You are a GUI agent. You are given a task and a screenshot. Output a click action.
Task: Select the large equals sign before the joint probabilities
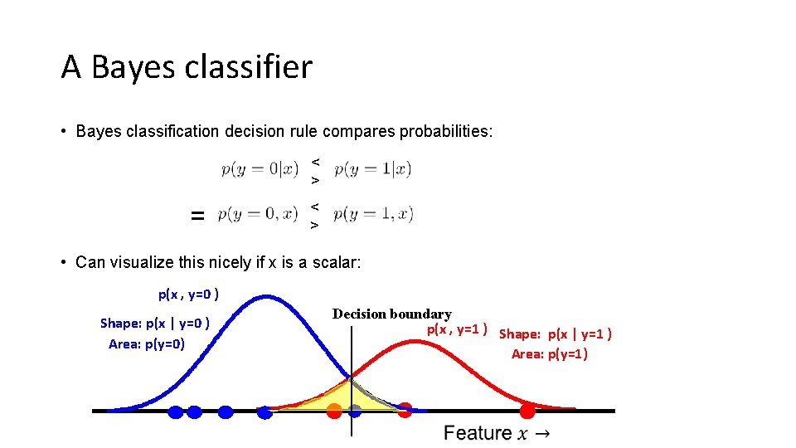click(x=197, y=215)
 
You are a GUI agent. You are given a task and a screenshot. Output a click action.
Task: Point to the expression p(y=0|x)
click(x=260, y=169)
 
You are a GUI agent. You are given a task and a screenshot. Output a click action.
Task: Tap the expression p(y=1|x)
click(x=372, y=169)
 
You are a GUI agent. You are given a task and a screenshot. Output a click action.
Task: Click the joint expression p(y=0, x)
click(x=258, y=214)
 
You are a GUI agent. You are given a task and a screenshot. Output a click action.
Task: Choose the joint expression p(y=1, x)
click(x=373, y=214)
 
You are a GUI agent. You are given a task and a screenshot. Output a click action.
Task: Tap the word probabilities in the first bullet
click(x=447, y=131)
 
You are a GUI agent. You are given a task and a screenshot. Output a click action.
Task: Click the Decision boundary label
click(x=391, y=314)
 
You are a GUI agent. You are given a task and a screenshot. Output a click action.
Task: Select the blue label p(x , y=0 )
click(x=188, y=294)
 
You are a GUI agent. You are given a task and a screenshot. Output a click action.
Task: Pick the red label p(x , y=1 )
click(x=456, y=329)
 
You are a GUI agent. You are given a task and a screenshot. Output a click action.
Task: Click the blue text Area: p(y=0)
click(x=147, y=344)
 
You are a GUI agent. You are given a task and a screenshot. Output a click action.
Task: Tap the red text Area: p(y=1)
click(x=550, y=354)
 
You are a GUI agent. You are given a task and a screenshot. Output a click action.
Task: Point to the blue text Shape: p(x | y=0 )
click(x=154, y=323)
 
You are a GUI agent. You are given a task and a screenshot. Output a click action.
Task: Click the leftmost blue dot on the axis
click(x=175, y=411)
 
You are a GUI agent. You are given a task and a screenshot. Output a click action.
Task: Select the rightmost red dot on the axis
click(x=527, y=410)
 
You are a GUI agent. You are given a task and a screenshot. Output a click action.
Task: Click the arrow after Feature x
click(x=543, y=433)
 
